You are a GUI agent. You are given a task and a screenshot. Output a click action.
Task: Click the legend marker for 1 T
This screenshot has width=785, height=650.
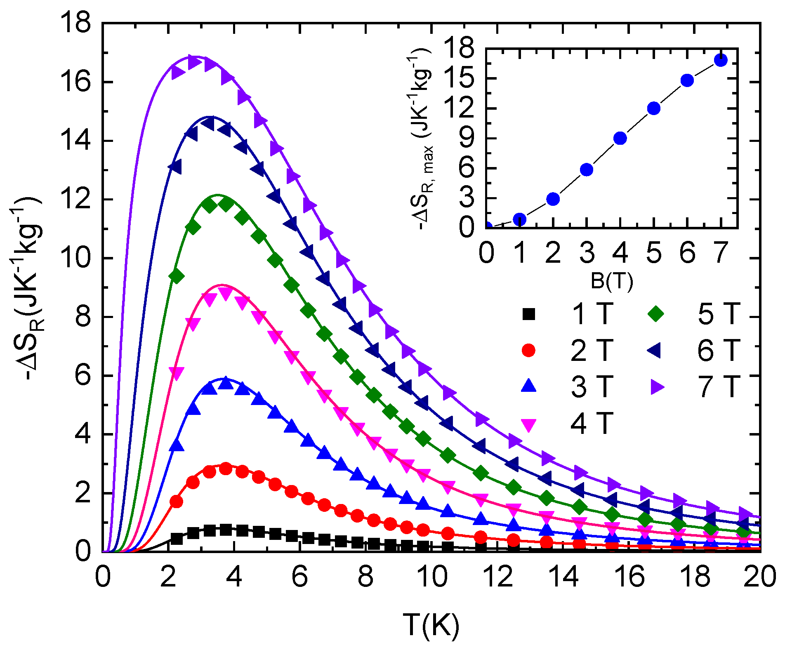point(528,314)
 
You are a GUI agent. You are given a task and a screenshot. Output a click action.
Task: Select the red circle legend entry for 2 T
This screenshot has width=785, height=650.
point(528,351)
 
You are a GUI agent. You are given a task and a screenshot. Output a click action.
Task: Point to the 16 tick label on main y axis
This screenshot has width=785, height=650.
point(75,82)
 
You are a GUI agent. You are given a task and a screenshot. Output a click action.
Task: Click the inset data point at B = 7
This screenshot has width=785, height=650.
point(720,60)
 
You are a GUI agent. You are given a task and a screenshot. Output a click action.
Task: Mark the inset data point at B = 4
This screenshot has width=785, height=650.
point(620,138)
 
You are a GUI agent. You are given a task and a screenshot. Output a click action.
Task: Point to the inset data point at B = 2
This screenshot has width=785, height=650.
point(553,199)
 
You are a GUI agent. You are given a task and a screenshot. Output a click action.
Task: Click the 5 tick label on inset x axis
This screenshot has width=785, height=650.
point(654,253)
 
